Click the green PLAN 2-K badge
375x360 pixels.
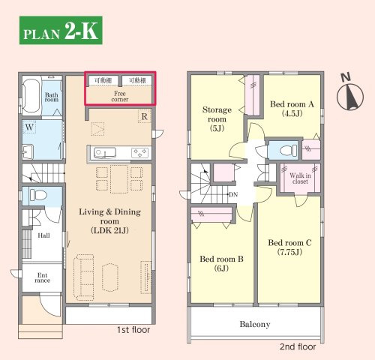click(61, 30)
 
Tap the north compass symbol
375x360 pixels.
click(350, 94)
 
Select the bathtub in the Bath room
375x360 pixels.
click(31, 96)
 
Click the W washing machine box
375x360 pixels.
click(29, 127)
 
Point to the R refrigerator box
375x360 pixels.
click(144, 116)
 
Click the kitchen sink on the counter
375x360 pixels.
click(105, 153)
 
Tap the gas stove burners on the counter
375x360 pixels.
click(140, 153)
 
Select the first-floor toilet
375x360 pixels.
click(38, 195)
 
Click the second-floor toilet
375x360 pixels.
click(288, 151)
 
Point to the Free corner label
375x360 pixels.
click(120, 97)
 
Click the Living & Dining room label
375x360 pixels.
click(109, 221)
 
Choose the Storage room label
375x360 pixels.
click(217, 118)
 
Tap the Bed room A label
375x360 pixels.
click(292, 109)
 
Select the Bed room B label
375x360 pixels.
click(221, 263)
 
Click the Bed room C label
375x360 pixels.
click(289, 247)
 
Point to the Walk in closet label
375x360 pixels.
click(300, 178)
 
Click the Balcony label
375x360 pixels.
click(255, 324)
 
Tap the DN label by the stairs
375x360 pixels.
click(233, 194)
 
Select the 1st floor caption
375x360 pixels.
click(133, 330)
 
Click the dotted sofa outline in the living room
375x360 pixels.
click(84, 277)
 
